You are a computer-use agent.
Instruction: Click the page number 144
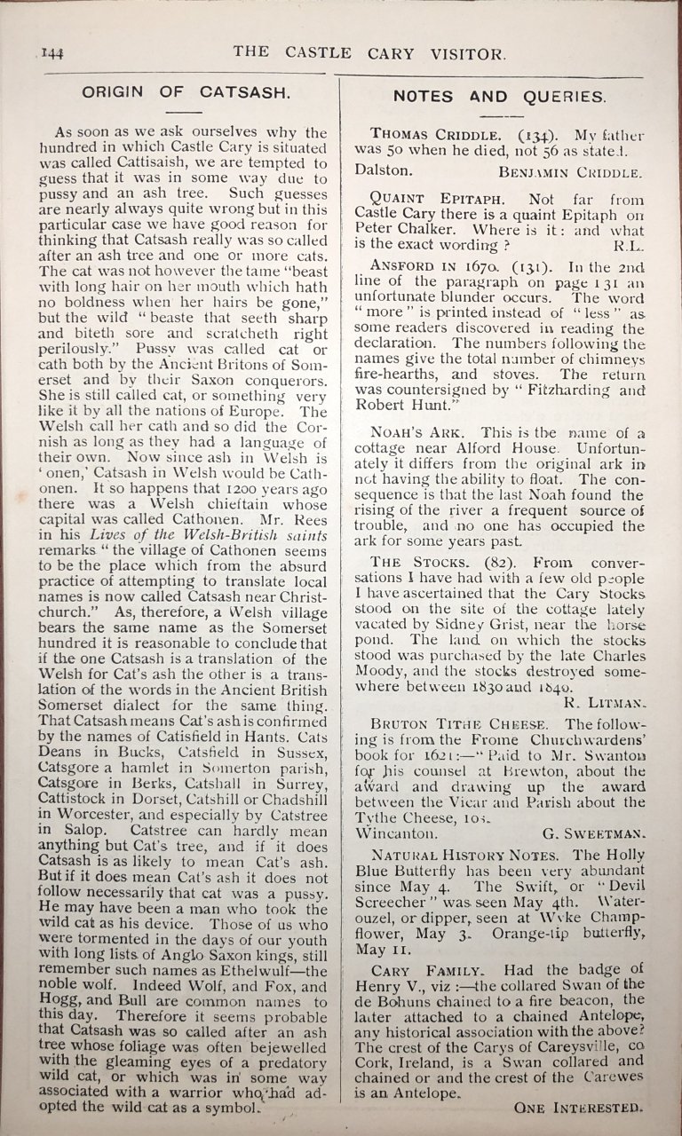52,54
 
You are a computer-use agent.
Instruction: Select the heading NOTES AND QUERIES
500,96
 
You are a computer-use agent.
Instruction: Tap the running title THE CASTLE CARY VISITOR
369,53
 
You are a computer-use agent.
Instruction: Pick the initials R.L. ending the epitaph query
627,243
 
